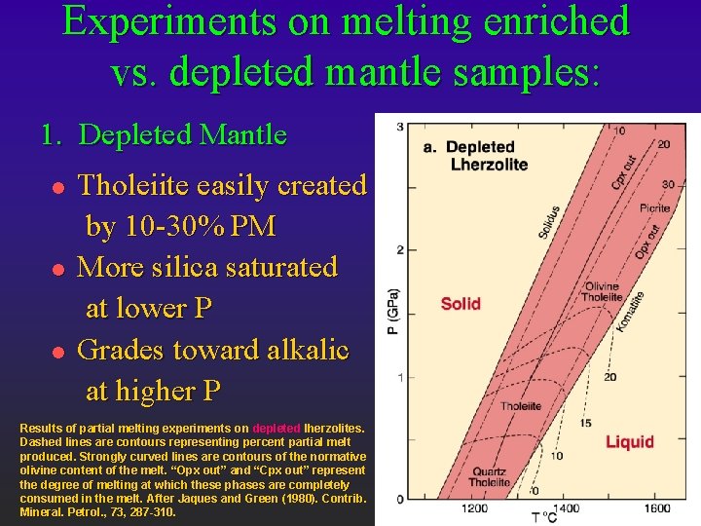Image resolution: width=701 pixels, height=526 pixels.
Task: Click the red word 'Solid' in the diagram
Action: (461, 303)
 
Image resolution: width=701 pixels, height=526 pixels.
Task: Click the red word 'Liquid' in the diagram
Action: (630, 441)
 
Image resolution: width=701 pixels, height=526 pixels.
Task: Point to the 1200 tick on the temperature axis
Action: (473, 508)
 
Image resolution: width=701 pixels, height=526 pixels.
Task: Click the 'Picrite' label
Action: (654, 208)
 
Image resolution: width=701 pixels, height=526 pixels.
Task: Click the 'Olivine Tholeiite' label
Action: (601, 292)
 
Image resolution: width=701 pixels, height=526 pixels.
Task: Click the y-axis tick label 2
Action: (400, 250)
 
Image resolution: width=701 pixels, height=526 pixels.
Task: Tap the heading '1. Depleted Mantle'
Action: (164, 134)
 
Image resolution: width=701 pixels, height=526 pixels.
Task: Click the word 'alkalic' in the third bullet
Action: (300, 350)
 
